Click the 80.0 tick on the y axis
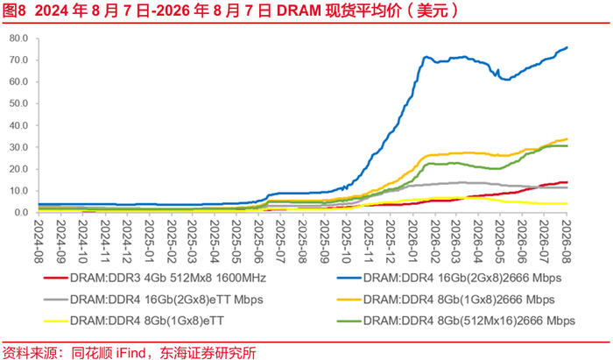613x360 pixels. pyautogui.click(x=18, y=39)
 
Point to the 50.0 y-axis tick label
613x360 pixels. pyautogui.click(x=18, y=103)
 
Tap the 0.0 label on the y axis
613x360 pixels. pyautogui.click(x=21, y=213)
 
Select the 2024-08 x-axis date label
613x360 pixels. pyautogui.click(x=39, y=241)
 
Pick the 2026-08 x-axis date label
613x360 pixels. pyautogui.click(x=567, y=241)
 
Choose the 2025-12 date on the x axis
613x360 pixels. pyautogui.click(x=391, y=241)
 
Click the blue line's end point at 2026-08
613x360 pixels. pyautogui.click(x=567, y=47)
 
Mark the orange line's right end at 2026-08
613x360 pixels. pyautogui.click(x=567, y=138)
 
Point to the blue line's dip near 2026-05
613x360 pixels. pyautogui.click(x=506, y=80)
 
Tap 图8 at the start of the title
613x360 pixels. pyautogui.click(x=14, y=11)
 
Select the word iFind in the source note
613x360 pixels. pyautogui.click(x=130, y=353)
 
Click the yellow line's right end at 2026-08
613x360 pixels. pyautogui.click(x=567, y=203)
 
